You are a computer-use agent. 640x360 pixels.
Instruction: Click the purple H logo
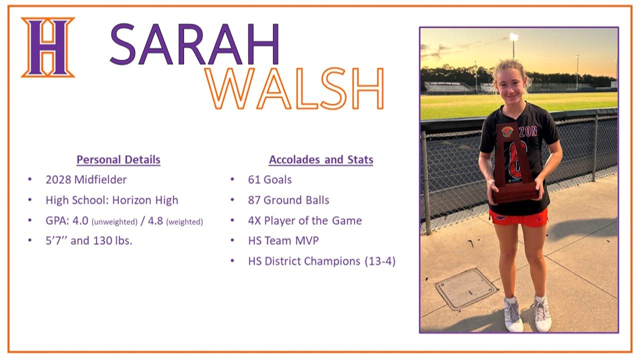click(48, 47)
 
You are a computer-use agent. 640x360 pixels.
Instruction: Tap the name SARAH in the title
click(194, 44)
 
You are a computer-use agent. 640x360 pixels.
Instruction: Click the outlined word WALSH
click(294, 88)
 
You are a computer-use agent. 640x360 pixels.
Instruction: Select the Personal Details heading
click(118, 159)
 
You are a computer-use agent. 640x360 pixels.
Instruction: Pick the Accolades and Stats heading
click(321, 159)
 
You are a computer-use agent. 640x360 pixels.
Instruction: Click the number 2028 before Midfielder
click(58, 179)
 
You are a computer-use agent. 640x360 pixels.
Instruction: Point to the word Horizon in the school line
click(131, 200)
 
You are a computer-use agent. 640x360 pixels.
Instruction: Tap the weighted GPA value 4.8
click(155, 220)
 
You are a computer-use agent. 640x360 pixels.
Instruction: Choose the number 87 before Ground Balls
click(254, 200)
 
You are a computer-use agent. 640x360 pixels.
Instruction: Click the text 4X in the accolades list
click(254, 221)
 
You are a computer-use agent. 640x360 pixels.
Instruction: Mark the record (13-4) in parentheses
click(380, 261)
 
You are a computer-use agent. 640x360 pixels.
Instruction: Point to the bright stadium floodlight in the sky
click(514, 37)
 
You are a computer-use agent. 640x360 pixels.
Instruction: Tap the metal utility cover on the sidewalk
click(466, 289)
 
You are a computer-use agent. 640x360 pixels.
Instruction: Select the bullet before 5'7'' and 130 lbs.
click(30, 240)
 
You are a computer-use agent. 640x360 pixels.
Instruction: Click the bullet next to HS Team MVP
click(232, 240)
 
